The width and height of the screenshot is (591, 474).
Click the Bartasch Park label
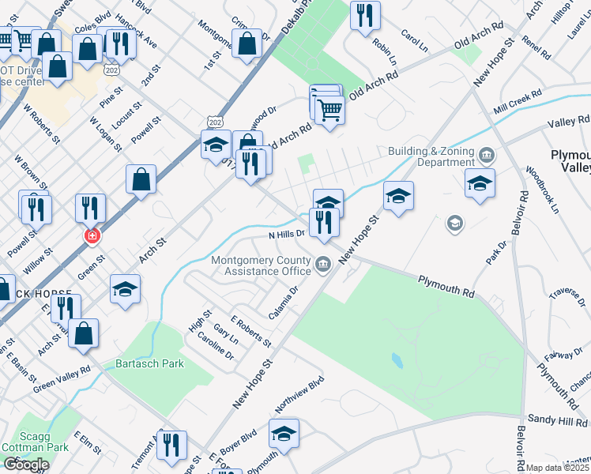click(x=149, y=363)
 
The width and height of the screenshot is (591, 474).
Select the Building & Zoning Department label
click(x=431, y=156)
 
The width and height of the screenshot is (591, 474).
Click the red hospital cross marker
click(x=92, y=236)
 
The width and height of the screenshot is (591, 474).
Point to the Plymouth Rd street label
click(x=446, y=285)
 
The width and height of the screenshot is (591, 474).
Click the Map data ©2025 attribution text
click(x=557, y=468)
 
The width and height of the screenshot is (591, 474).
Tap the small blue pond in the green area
click(x=397, y=361)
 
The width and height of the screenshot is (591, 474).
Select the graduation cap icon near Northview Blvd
click(x=284, y=432)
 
